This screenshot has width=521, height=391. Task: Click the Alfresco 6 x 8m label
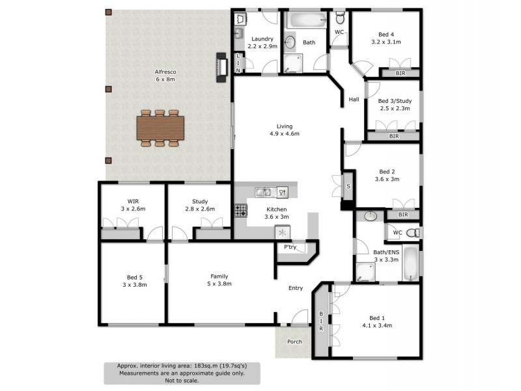point(165,76)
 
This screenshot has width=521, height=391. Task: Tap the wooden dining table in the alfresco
point(160,127)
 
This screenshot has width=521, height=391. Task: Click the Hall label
point(354,100)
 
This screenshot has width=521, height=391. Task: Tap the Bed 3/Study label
point(394,105)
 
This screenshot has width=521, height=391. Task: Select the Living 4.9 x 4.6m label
point(284,130)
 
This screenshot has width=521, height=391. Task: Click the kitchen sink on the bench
point(263,192)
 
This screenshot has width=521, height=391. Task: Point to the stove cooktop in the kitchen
point(240,210)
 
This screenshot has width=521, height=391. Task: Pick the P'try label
point(290,248)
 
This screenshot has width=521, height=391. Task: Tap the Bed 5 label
point(134,280)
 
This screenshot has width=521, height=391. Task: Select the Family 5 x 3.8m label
point(219,280)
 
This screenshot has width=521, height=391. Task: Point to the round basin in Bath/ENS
point(371,216)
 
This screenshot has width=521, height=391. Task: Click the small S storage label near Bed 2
point(348,187)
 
